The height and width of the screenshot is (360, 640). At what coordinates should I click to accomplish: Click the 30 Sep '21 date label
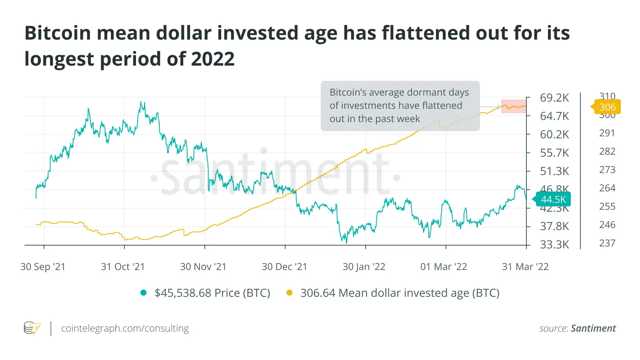pyautogui.click(x=43, y=267)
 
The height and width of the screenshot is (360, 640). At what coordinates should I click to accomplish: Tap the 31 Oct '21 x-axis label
pyautogui.click(x=123, y=267)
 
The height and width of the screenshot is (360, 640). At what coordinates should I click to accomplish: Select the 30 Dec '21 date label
pyautogui.click(x=284, y=267)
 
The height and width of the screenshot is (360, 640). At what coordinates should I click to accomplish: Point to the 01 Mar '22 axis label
pyautogui.click(x=444, y=267)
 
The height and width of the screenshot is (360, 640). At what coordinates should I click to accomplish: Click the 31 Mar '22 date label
pyautogui.click(x=525, y=267)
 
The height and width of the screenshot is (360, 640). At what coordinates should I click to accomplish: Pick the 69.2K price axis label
pyautogui.click(x=554, y=98)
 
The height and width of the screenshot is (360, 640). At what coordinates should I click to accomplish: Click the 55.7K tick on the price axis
pyautogui.click(x=554, y=153)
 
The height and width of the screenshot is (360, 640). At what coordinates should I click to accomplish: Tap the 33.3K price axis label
pyautogui.click(x=554, y=244)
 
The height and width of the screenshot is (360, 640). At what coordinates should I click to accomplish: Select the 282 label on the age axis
pyautogui.click(x=607, y=152)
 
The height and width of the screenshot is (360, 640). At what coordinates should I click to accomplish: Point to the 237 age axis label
pyautogui.click(x=607, y=243)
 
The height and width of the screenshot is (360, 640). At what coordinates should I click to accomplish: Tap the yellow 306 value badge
pyautogui.click(x=607, y=107)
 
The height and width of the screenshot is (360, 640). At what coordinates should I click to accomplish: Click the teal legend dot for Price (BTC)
pyautogui.click(x=144, y=293)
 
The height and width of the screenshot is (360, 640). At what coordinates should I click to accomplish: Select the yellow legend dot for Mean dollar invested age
pyautogui.click(x=290, y=293)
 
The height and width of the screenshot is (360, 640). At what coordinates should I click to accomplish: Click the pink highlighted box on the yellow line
pyautogui.click(x=514, y=106)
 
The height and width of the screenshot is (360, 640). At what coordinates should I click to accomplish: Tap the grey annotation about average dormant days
pyautogui.click(x=400, y=106)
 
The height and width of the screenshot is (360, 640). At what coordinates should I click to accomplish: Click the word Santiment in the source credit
pyautogui.click(x=593, y=328)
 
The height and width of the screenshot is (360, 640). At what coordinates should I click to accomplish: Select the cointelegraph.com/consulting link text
pyautogui.click(x=125, y=328)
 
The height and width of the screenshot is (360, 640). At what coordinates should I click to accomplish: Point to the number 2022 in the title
pyautogui.click(x=213, y=59)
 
